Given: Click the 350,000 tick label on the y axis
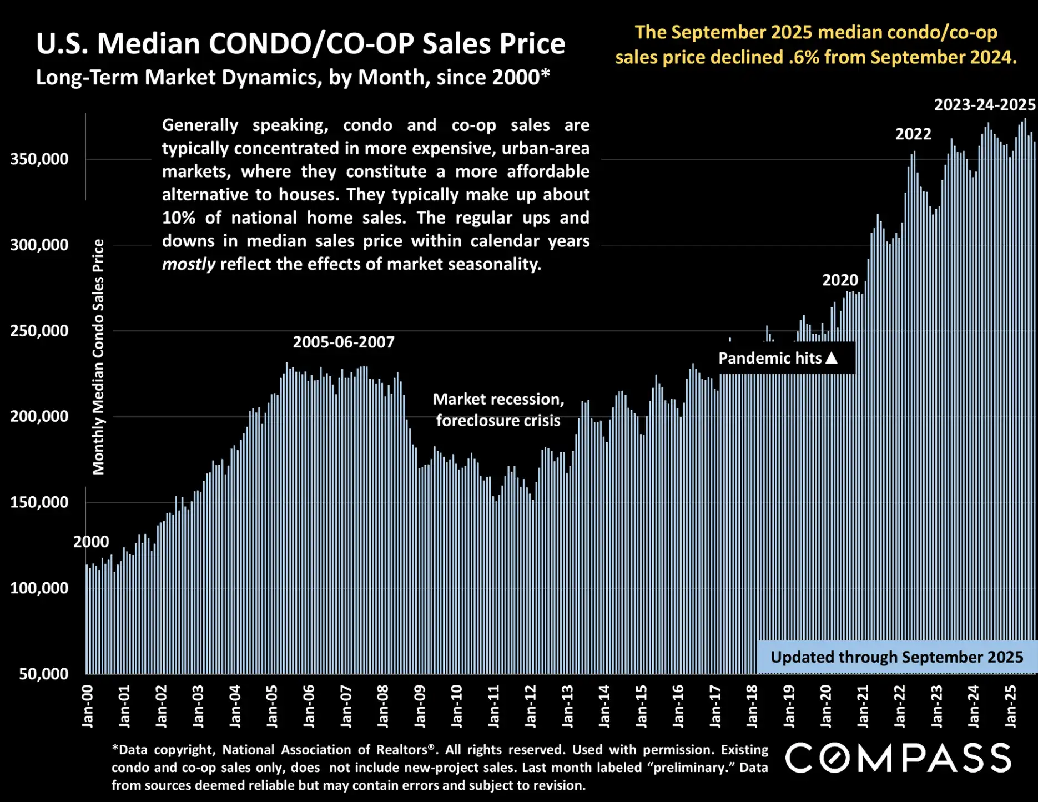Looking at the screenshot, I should click(x=39, y=159).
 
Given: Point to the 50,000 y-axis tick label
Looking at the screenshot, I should click(x=43, y=674).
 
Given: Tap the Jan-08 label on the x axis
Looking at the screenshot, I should click(x=383, y=706).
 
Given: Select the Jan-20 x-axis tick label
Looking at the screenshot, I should click(x=826, y=706).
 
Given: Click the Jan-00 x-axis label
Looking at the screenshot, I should click(x=88, y=706).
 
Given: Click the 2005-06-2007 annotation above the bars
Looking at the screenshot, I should click(x=344, y=342).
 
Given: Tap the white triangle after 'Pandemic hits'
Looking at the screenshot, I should click(x=831, y=358).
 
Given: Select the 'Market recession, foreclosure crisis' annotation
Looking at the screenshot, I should click(x=498, y=410).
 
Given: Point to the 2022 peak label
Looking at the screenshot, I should click(x=913, y=134).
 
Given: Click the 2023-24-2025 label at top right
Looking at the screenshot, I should click(x=984, y=105).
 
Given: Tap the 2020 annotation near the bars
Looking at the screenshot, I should click(x=840, y=280).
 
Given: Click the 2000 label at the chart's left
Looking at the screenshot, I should click(x=91, y=542).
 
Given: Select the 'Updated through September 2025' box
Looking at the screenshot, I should click(x=896, y=657).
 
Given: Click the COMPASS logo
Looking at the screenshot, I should click(x=898, y=758).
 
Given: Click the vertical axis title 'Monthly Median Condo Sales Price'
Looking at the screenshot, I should click(x=98, y=357).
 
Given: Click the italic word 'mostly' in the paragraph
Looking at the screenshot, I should click(x=188, y=264).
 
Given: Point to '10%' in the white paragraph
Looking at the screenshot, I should click(x=178, y=218).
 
